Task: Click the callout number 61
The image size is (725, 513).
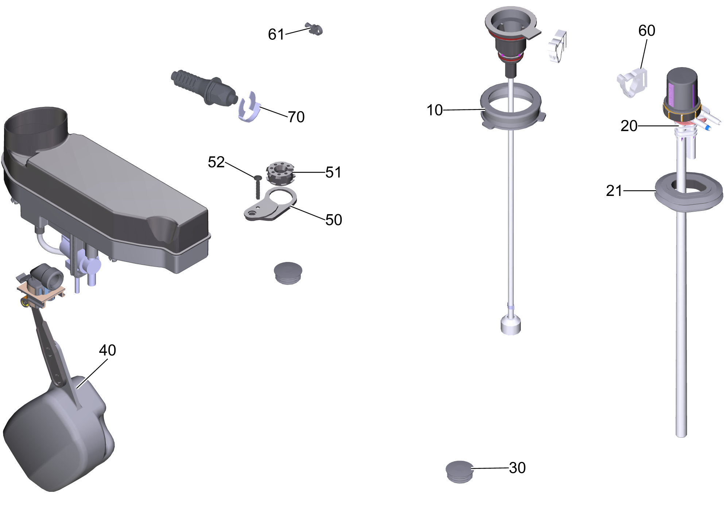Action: pos(276,34)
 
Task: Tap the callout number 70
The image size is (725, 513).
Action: pos(296,117)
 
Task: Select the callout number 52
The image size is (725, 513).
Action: pos(216,162)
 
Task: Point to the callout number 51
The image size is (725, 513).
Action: pos(333,172)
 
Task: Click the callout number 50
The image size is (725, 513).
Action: pos(334,220)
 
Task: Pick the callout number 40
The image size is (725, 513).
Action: pos(108,350)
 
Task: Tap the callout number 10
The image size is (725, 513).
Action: pos(435,110)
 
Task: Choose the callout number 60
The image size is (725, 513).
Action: pos(647,31)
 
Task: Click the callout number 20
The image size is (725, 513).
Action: pos(629,126)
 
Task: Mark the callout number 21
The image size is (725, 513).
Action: pos(614,191)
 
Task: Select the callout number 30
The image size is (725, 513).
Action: pos(517,468)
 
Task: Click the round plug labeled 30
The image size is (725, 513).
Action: pos(460,472)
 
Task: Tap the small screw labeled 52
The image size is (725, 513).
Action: pos(258,187)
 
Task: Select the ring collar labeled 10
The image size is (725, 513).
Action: pos(513,106)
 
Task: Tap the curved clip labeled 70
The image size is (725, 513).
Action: pos(250,107)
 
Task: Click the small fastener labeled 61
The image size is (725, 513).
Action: pos(314,29)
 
